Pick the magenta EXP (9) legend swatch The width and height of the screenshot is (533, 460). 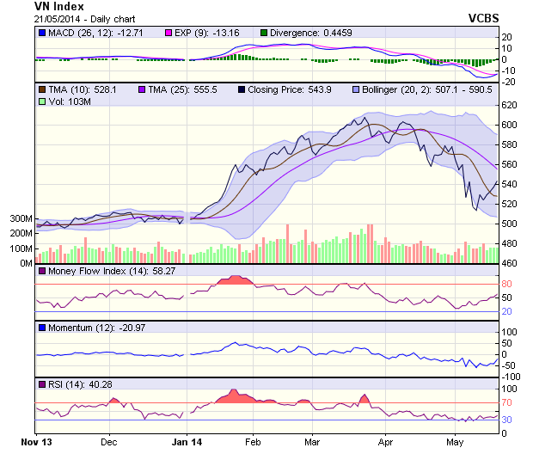click(170, 33)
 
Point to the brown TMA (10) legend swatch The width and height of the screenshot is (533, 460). click(41, 89)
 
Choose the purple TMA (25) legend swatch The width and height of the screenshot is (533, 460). click(139, 89)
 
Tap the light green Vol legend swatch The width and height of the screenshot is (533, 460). click(41, 101)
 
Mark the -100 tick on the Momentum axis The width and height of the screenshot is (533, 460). click(512, 377)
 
